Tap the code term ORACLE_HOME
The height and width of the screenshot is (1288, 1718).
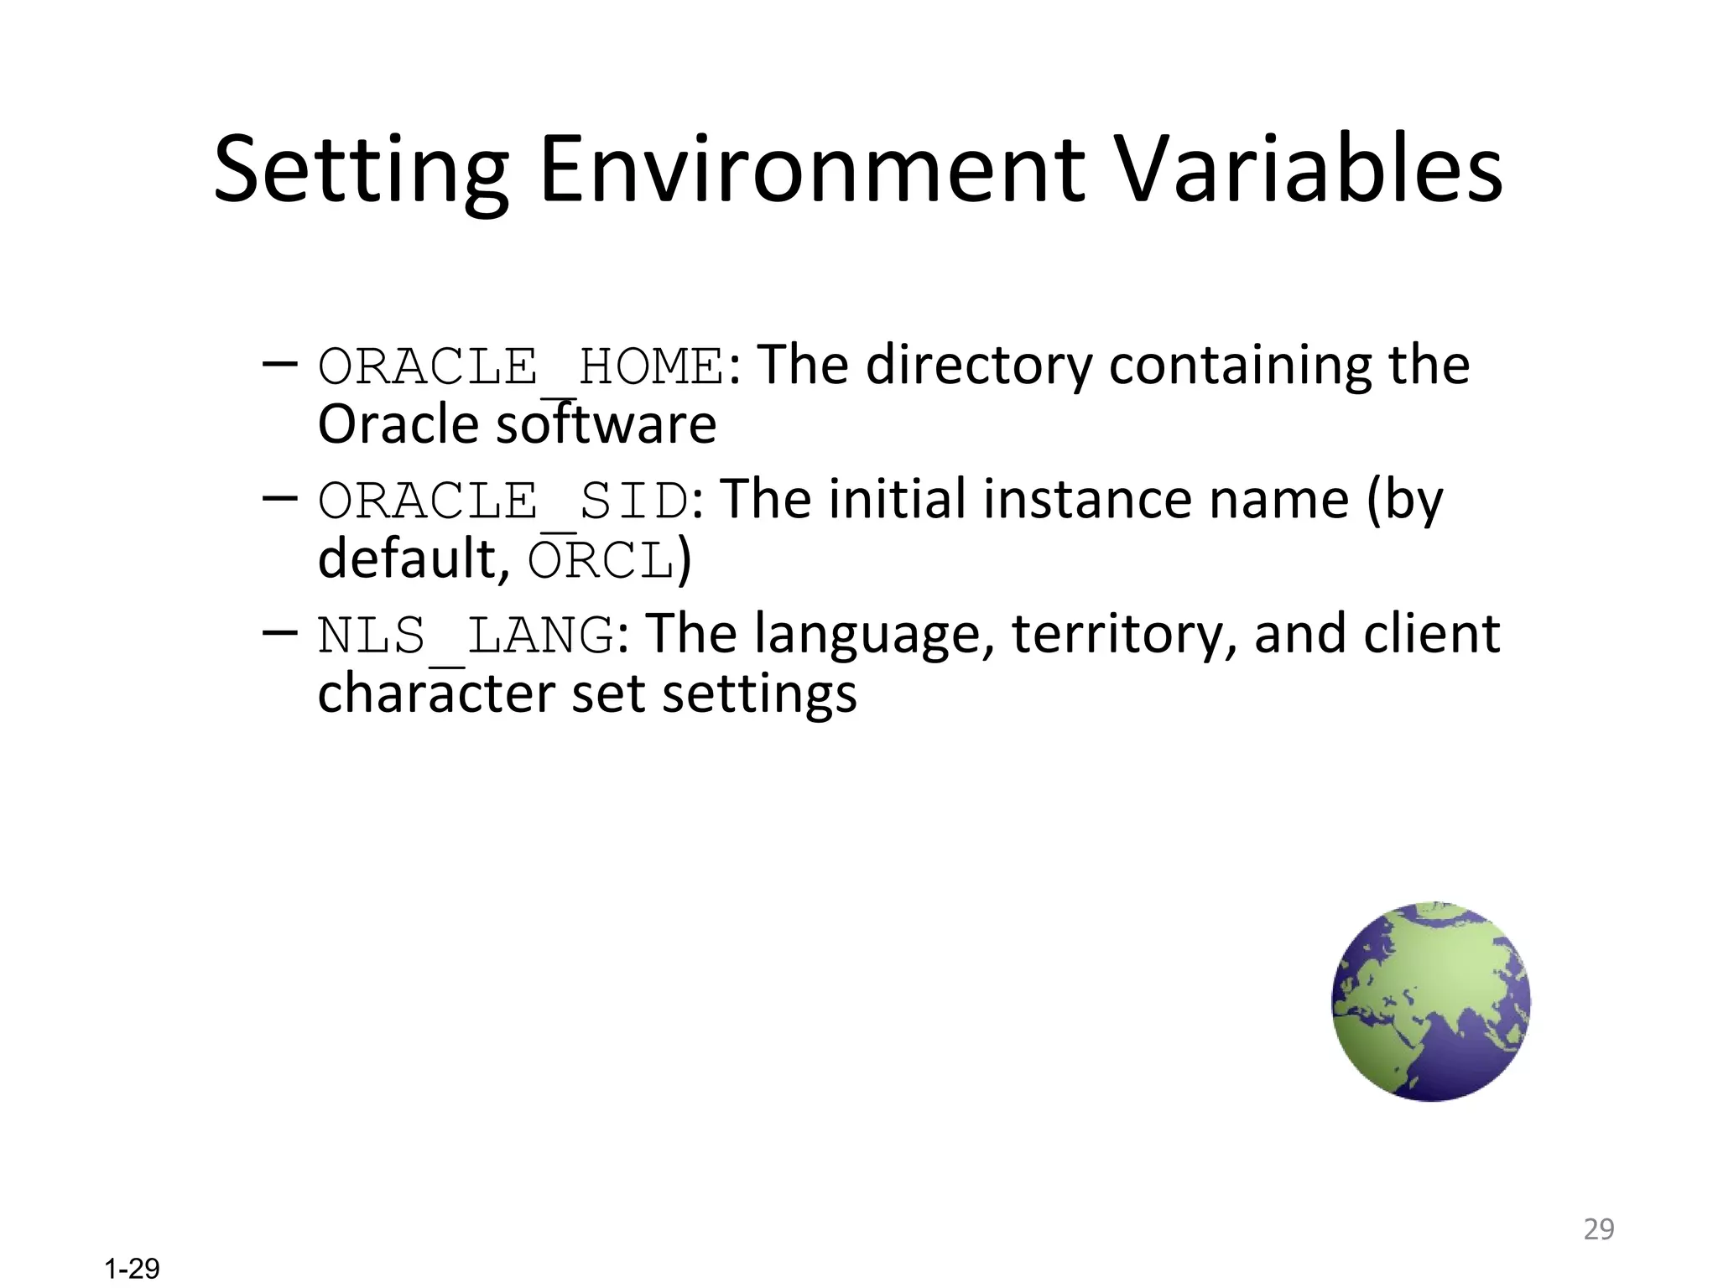[x=521, y=366]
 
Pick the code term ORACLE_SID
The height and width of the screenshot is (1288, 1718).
[x=503, y=501]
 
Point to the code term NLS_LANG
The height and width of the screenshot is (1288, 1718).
[x=466, y=635]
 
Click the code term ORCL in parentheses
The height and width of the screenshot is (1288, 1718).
[x=601, y=560]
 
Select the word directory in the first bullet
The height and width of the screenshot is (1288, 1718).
[x=979, y=366]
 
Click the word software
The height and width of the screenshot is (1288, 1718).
[x=607, y=425]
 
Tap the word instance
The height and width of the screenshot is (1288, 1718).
[x=1087, y=500]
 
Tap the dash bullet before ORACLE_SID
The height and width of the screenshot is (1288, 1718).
[x=279, y=498]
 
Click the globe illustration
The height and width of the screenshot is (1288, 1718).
[x=1431, y=1001]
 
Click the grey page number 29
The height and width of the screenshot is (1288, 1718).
[x=1598, y=1229]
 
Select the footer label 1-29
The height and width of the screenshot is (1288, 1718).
[x=132, y=1269]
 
